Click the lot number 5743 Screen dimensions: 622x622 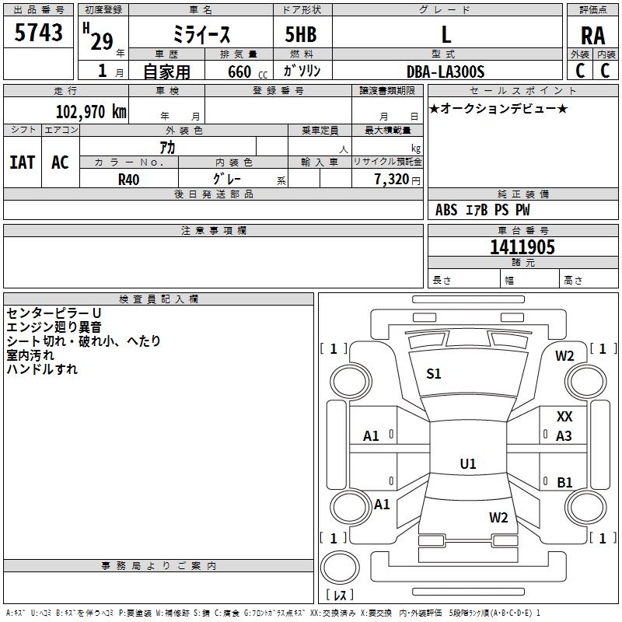point(38,32)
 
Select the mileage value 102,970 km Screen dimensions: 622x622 point(91,111)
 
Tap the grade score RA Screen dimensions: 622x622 point(592,36)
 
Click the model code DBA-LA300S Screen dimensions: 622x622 point(446,72)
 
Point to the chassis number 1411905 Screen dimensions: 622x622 point(522,246)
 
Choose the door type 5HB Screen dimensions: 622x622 point(301,34)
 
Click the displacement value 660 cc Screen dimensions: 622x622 point(247,72)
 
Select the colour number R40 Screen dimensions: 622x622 point(128,180)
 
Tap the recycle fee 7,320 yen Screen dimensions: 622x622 point(397,180)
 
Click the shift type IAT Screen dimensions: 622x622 point(23,162)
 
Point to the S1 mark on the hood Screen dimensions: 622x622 point(434,373)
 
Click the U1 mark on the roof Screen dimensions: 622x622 point(468,463)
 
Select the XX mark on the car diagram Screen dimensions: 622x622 point(564,416)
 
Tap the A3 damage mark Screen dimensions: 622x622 point(564,435)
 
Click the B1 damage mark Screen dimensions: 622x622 point(564,482)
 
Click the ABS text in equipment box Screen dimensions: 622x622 point(446,209)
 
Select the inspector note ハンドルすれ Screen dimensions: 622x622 point(42,369)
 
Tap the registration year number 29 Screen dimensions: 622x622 point(102,41)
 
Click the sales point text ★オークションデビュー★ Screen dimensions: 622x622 point(498,108)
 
